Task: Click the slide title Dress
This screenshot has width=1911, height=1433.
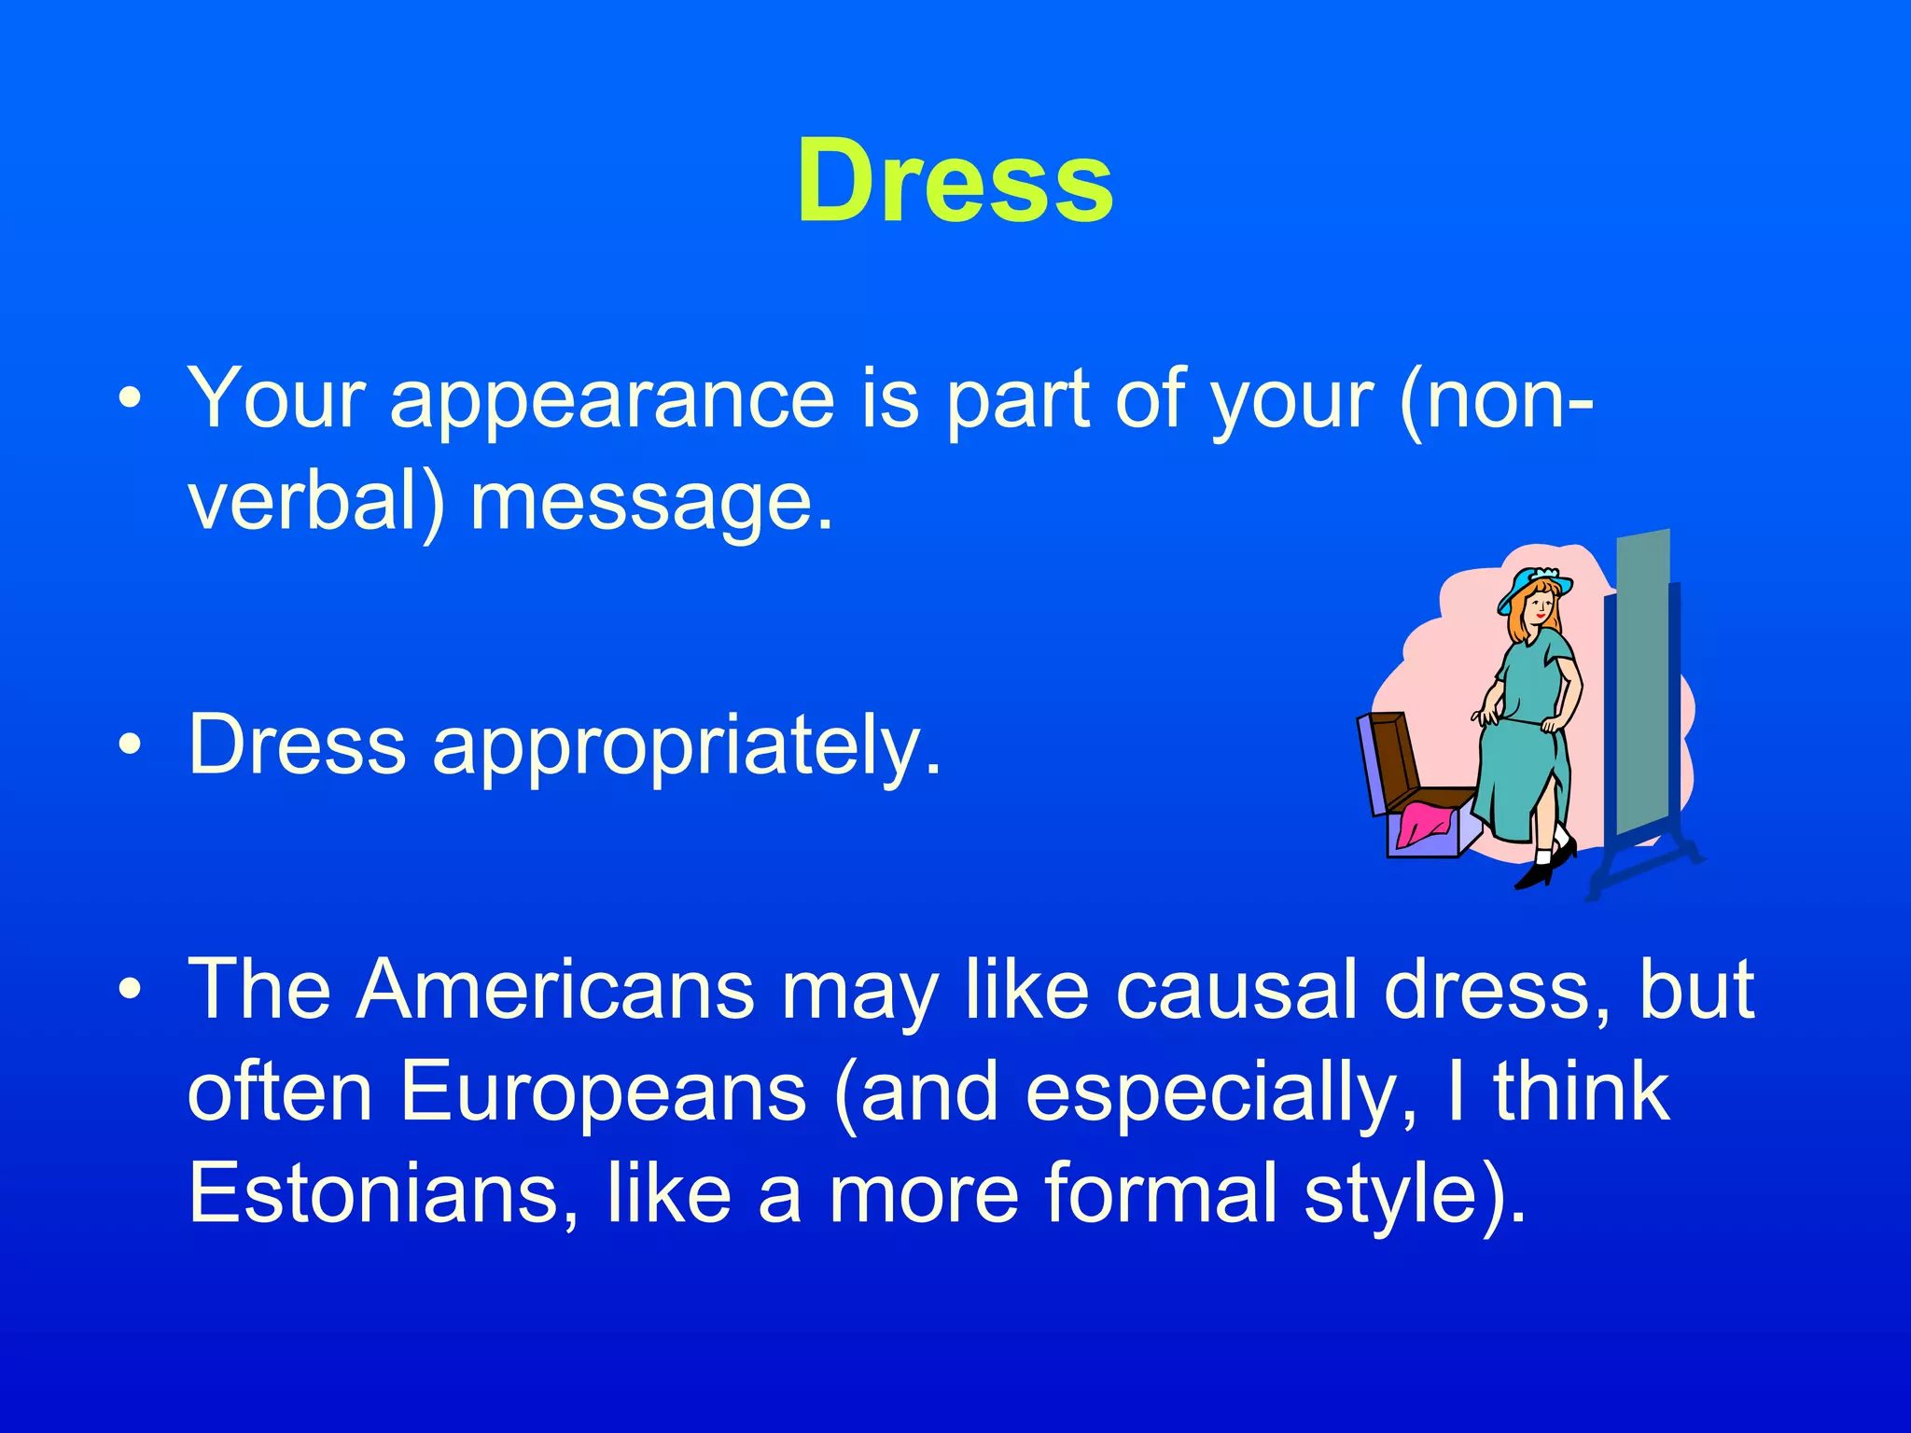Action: point(955,182)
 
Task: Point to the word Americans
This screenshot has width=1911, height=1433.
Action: point(555,991)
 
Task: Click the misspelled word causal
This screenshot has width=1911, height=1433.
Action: point(1237,991)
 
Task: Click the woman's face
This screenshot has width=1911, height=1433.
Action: point(1540,611)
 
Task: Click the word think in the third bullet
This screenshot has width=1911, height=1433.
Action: point(1582,1092)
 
